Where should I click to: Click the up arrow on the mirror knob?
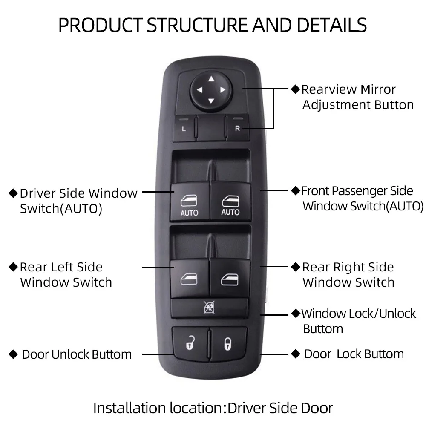point(211,79)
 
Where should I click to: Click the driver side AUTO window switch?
point(190,202)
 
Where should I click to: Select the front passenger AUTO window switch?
point(230,202)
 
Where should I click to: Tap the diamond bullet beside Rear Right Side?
point(296,267)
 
